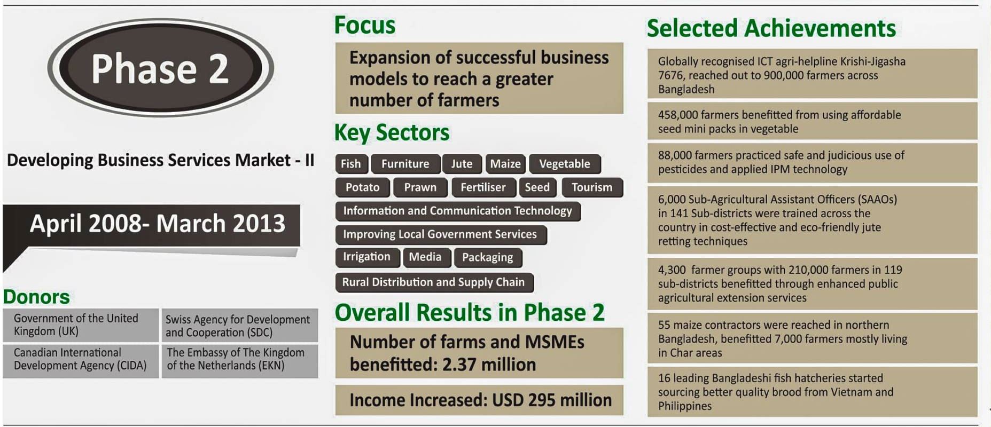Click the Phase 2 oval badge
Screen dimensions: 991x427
tap(160, 68)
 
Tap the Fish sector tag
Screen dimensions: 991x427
tap(352, 164)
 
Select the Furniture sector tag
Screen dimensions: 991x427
tap(405, 164)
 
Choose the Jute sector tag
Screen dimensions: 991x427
tap(462, 164)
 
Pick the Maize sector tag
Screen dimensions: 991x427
tap(505, 164)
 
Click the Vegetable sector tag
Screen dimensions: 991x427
tap(565, 164)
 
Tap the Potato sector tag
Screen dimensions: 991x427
tap(363, 187)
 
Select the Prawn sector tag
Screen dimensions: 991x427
tap(420, 187)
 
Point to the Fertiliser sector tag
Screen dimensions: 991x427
tap(483, 187)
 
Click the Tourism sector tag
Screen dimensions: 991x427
tap(592, 187)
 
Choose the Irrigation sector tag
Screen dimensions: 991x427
tap(367, 257)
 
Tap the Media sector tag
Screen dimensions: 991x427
tap(426, 257)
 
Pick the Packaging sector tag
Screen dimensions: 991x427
tap(488, 257)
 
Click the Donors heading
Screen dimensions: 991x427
tap(36, 296)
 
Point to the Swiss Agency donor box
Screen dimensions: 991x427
tap(240, 326)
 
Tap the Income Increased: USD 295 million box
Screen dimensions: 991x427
tap(479, 400)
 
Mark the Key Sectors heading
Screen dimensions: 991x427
tap(392, 133)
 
